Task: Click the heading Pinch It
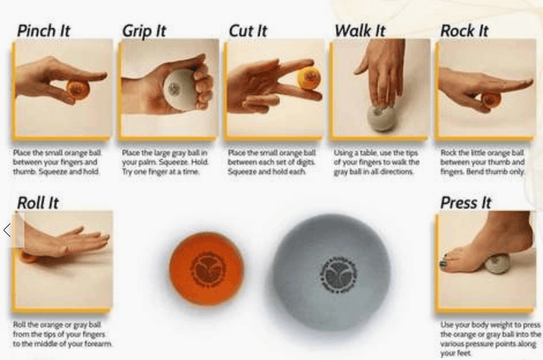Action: tap(44, 31)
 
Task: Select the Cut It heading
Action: tap(248, 31)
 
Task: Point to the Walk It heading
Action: tap(360, 31)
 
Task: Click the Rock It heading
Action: tap(464, 31)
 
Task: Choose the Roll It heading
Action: tap(38, 202)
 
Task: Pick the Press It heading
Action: tap(466, 202)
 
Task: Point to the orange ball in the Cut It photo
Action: tap(308, 78)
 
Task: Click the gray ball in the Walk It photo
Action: tap(381, 118)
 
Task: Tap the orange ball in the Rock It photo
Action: tap(491, 99)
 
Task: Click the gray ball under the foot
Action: tap(499, 263)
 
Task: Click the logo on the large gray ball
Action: tap(331, 272)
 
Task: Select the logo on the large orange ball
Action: tap(205, 269)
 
